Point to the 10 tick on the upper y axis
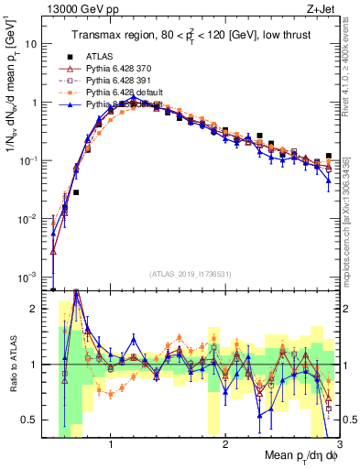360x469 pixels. click(37, 44)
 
